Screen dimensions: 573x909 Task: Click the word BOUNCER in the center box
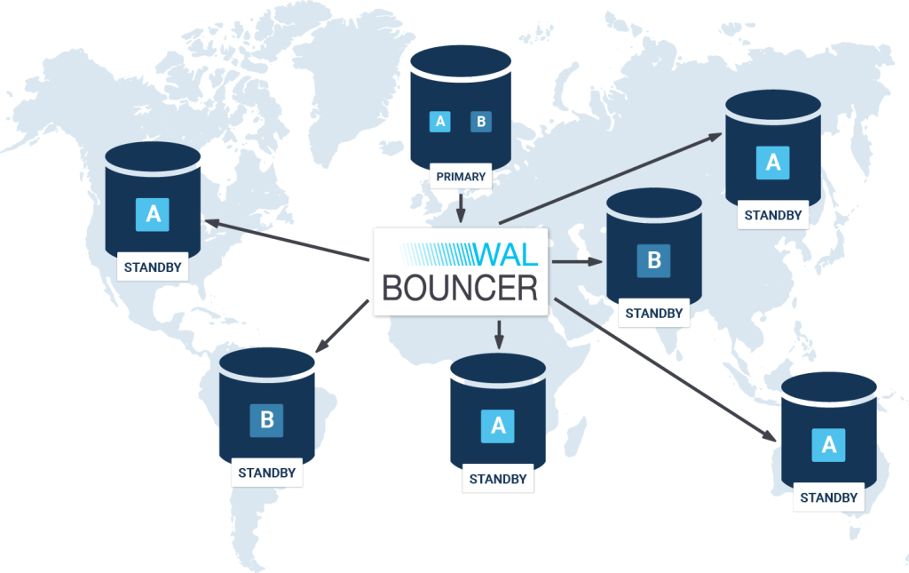(x=460, y=287)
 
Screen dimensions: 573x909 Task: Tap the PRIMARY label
(x=461, y=176)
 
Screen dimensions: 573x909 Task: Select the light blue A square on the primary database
(x=439, y=122)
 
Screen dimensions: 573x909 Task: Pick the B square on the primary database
(x=480, y=122)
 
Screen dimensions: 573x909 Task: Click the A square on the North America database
(x=153, y=214)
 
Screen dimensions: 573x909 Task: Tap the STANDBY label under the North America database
(x=153, y=267)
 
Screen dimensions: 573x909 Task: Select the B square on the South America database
(x=266, y=420)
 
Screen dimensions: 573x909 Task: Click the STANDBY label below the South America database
(x=266, y=473)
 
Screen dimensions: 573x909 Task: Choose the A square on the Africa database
(x=498, y=426)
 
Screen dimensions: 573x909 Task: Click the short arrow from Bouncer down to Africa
(x=498, y=334)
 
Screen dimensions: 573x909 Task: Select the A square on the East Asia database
(x=772, y=163)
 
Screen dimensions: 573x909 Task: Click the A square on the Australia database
(x=829, y=445)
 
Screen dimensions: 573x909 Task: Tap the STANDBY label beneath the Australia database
(x=829, y=497)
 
